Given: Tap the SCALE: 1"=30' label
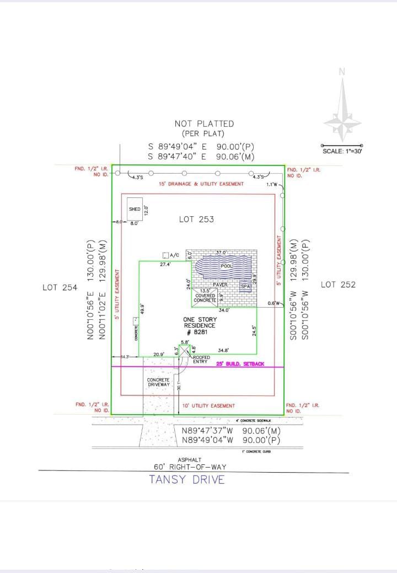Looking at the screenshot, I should tap(342, 151).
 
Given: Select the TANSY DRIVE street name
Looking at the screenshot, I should tap(187, 479).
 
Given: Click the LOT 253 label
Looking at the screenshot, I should tap(196, 219).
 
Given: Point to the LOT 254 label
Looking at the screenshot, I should tap(60, 287).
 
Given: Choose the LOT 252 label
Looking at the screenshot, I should tap(338, 285).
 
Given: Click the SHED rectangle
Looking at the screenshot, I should tap(135, 209).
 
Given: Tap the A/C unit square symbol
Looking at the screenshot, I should tap(165, 255).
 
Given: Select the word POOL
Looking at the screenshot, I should tap(227, 266).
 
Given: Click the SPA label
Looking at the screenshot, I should tap(246, 286).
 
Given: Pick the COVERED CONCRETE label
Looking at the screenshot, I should tap(205, 298).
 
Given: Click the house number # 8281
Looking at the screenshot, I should tap(196, 333).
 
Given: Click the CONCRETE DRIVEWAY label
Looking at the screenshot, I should tap(158, 383).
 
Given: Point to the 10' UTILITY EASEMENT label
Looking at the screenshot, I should tap(208, 406).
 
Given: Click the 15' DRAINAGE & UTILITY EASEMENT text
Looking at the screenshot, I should tap(201, 184).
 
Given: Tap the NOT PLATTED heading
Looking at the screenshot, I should tap(204, 124).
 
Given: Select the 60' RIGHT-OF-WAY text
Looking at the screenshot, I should tap(190, 467).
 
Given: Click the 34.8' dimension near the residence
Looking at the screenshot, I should tap(223, 350).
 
